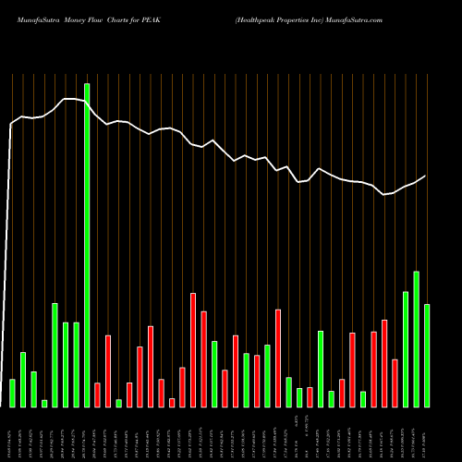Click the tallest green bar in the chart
click(x=87, y=245)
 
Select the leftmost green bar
click(x=12, y=393)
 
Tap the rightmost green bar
click(x=427, y=355)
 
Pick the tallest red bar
click(x=193, y=349)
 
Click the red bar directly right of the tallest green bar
click(x=97, y=395)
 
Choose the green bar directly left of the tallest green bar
click(x=76, y=364)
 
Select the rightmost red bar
click(x=395, y=383)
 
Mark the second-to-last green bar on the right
click(x=416, y=338)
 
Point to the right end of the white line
click(x=426, y=176)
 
